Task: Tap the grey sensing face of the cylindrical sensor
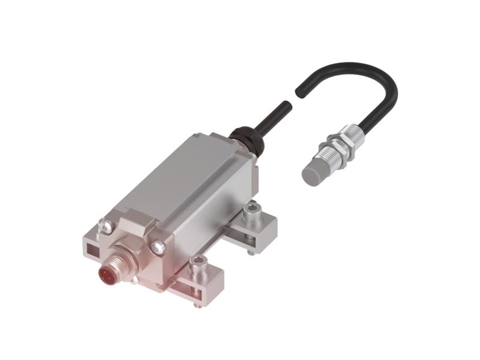(x=313, y=175)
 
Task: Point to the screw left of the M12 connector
(x=106, y=226)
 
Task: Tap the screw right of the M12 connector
(x=158, y=246)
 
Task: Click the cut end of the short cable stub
(x=289, y=106)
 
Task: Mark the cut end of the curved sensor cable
(x=298, y=92)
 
